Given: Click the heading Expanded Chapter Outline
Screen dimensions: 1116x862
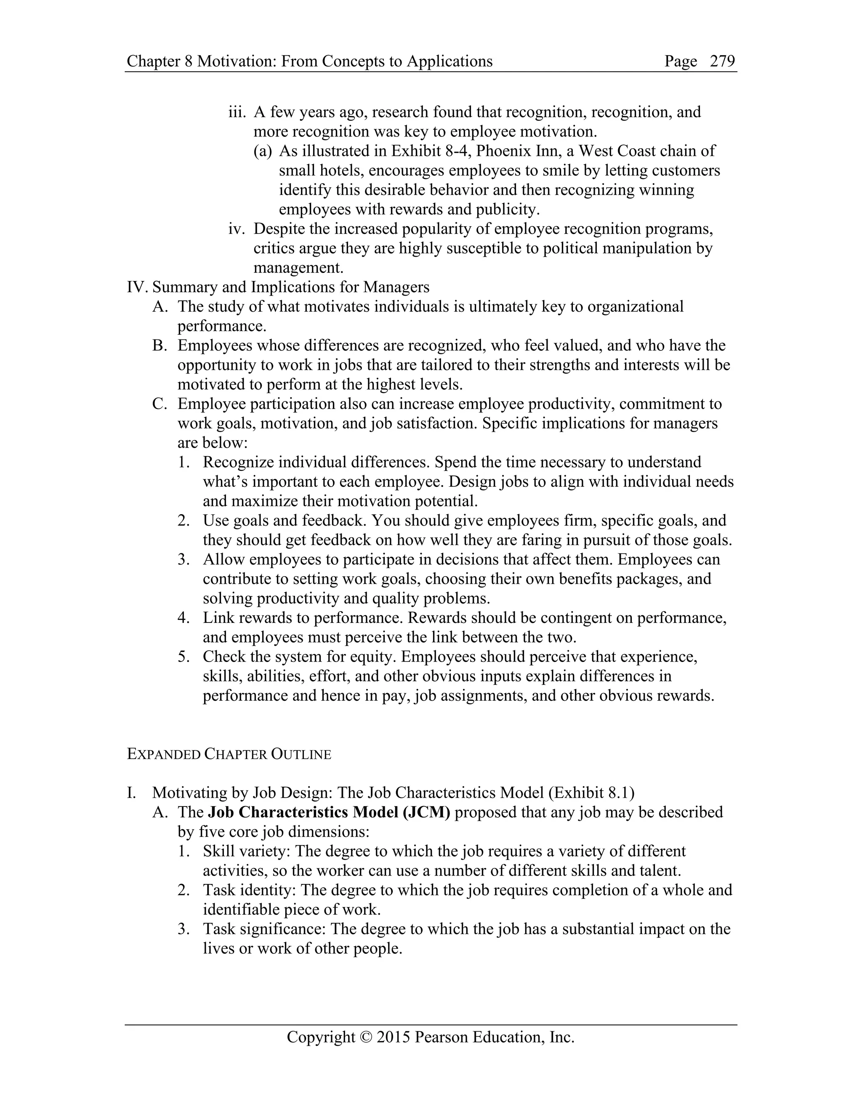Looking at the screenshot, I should click(229, 754).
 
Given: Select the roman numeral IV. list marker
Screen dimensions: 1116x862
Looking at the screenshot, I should click(137, 287).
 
